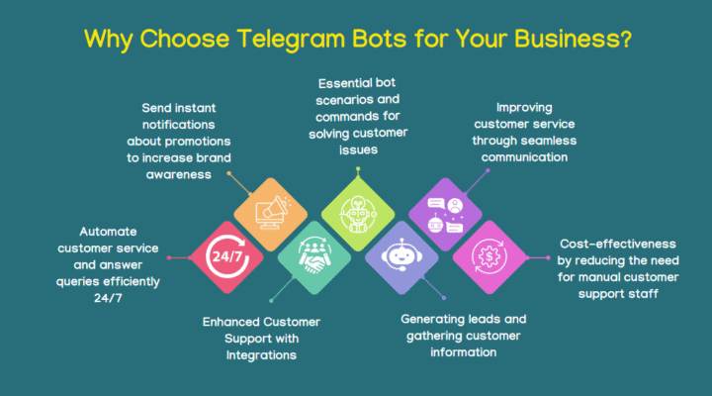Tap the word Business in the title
point(559,40)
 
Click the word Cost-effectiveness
point(617,243)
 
